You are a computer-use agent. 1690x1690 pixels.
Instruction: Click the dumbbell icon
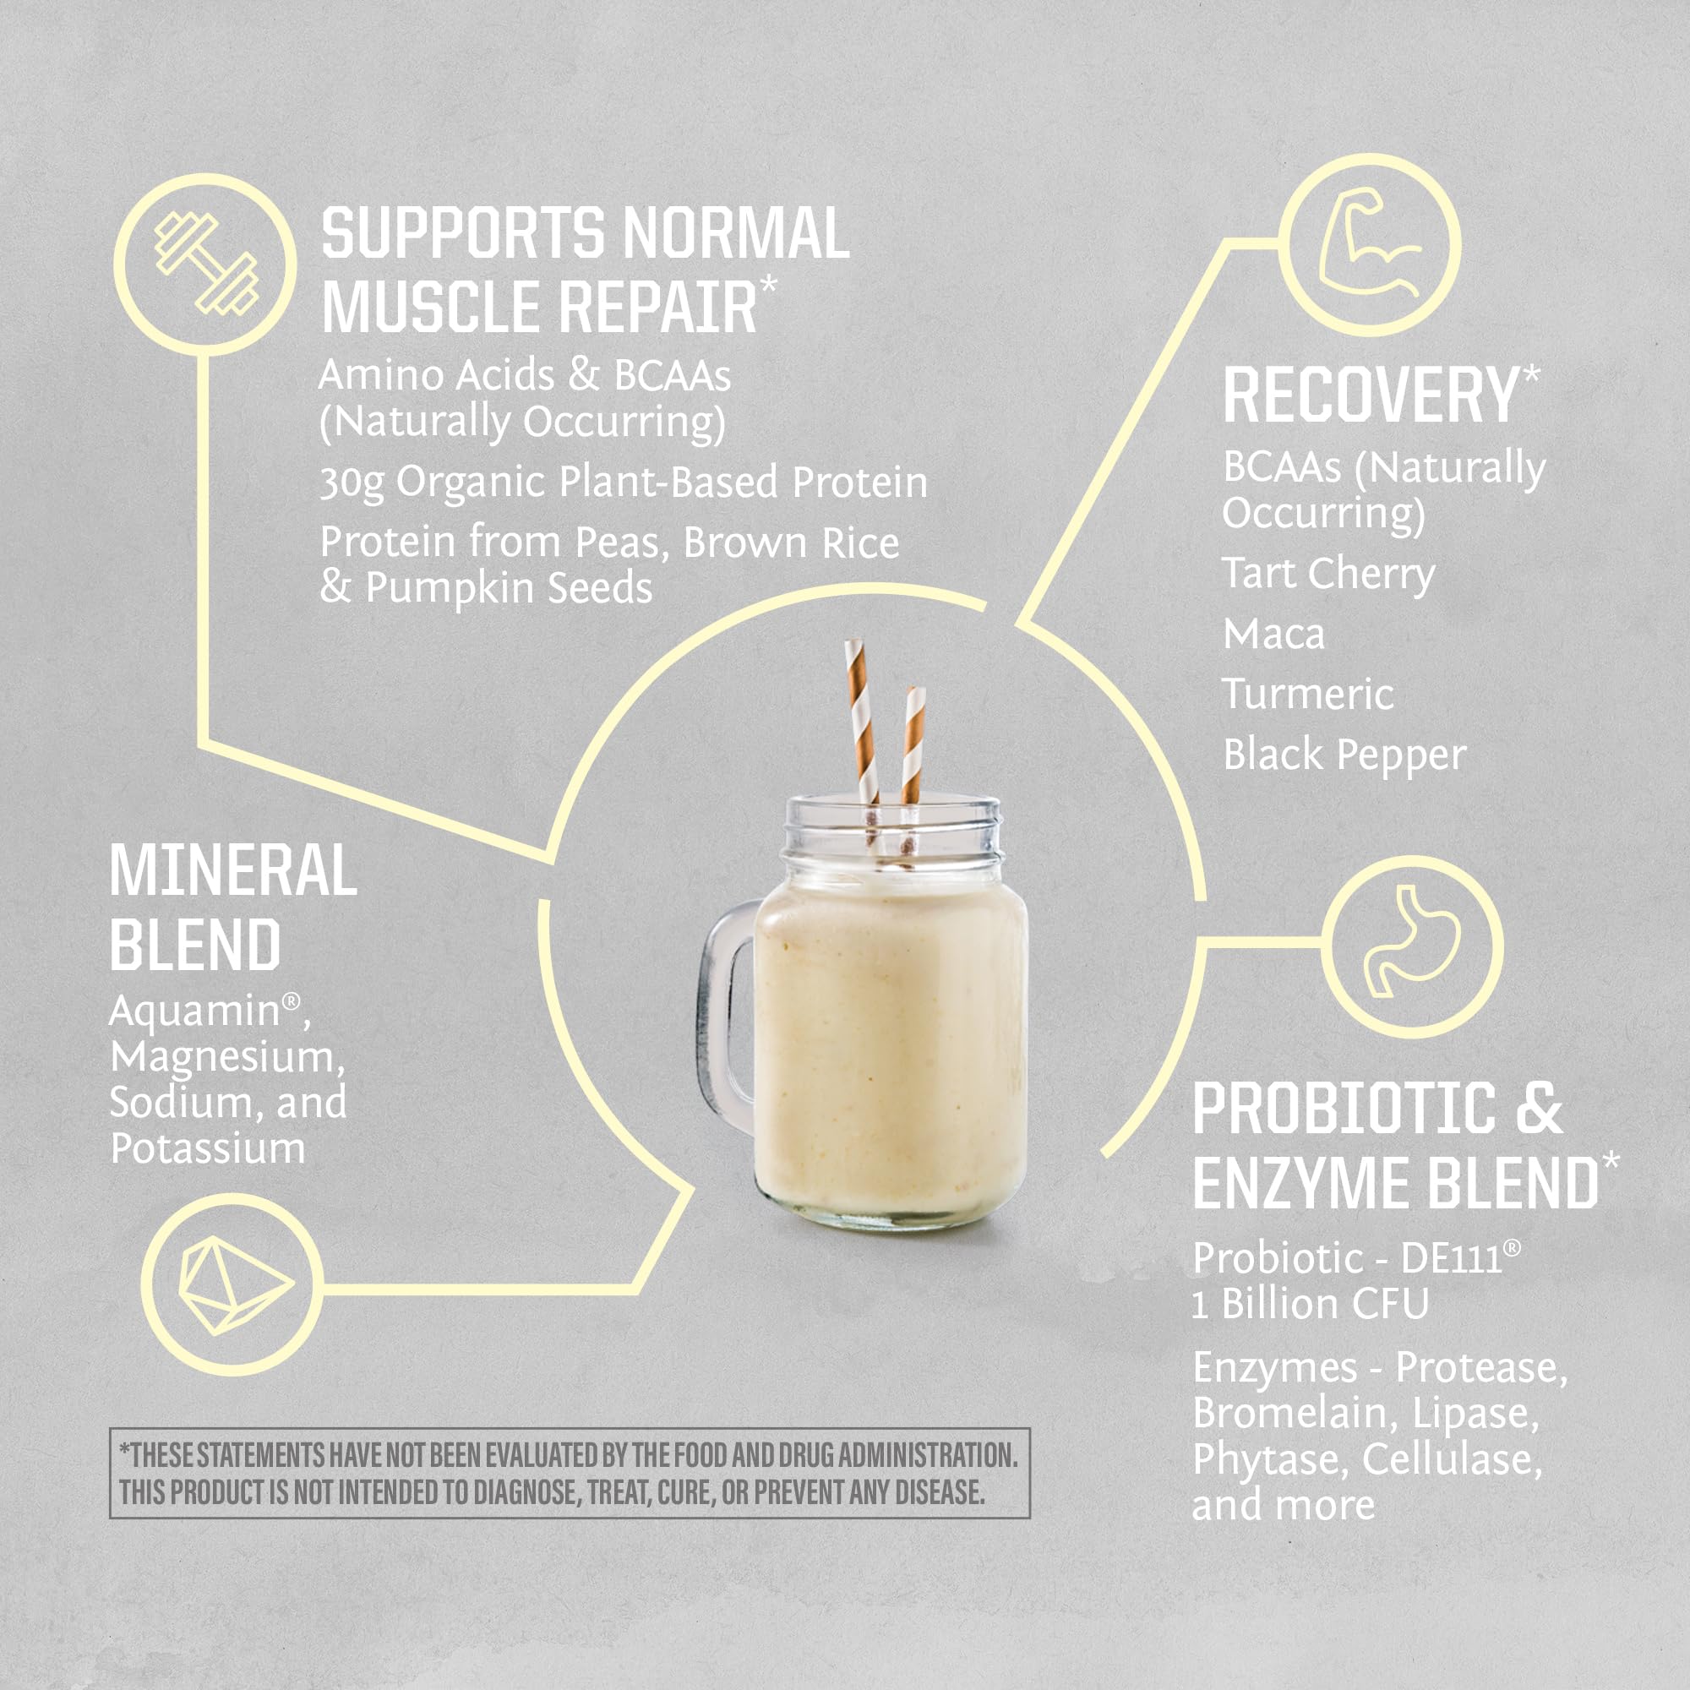[206, 264]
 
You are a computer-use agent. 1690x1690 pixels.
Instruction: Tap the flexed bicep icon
[1369, 245]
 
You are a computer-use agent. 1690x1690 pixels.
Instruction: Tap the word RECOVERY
[1370, 396]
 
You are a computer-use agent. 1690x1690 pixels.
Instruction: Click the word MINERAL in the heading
[232, 871]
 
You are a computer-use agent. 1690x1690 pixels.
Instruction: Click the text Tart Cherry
[1327, 574]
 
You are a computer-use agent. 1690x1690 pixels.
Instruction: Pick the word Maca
[1273, 635]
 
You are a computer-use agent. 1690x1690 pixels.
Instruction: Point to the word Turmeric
[1308, 695]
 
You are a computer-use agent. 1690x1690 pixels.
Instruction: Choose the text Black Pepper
[1344, 755]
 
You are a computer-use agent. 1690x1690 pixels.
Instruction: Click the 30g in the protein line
[351, 483]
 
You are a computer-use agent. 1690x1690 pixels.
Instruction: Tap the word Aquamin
[194, 1012]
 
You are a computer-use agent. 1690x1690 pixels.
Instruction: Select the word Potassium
[207, 1148]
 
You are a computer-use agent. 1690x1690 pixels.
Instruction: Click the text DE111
[1451, 1259]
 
